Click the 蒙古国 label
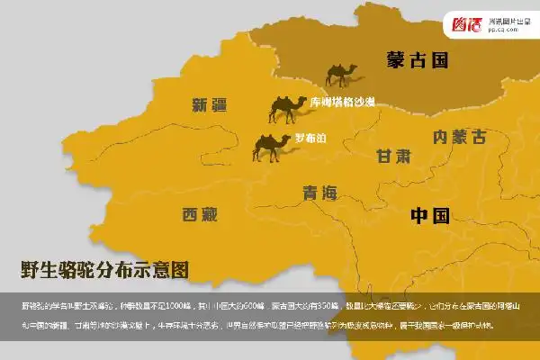(x=416, y=60)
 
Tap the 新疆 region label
(x=210, y=104)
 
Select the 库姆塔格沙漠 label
(x=342, y=103)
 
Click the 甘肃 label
(x=393, y=155)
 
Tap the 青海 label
(x=319, y=192)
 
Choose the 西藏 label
(x=200, y=214)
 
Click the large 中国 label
(x=429, y=215)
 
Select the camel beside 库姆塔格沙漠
(x=287, y=109)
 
